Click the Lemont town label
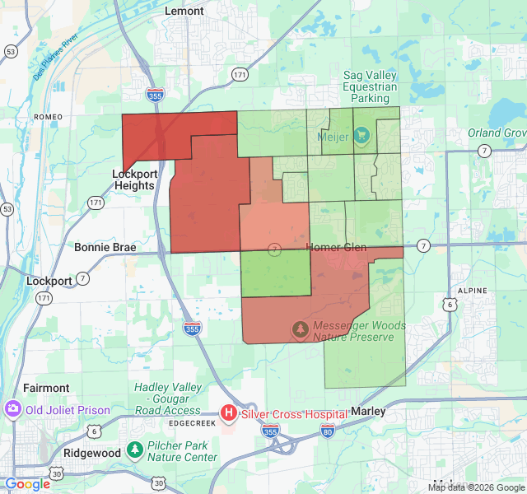pyautogui.click(x=184, y=11)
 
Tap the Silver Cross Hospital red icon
pyautogui.click(x=230, y=413)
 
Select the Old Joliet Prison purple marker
pyautogui.click(x=12, y=409)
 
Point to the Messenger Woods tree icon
pyautogui.click(x=300, y=330)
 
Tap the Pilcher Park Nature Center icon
pyautogui.click(x=133, y=450)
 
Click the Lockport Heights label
pyautogui.click(x=133, y=179)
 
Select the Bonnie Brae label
pyautogui.click(x=105, y=247)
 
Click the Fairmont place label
pyautogui.click(x=48, y=388)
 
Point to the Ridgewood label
pyautogui.click(x=93, y=453)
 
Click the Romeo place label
pyautogui.click(x=49, y=117)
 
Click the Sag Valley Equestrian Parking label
pyautogui.click(x=370, y=86)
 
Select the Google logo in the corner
pyautogui.click(x=27, y=484)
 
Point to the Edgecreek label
pyautogui.click(x=191, y=423)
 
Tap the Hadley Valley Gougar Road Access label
pyautogui.click(x=168, y=398)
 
